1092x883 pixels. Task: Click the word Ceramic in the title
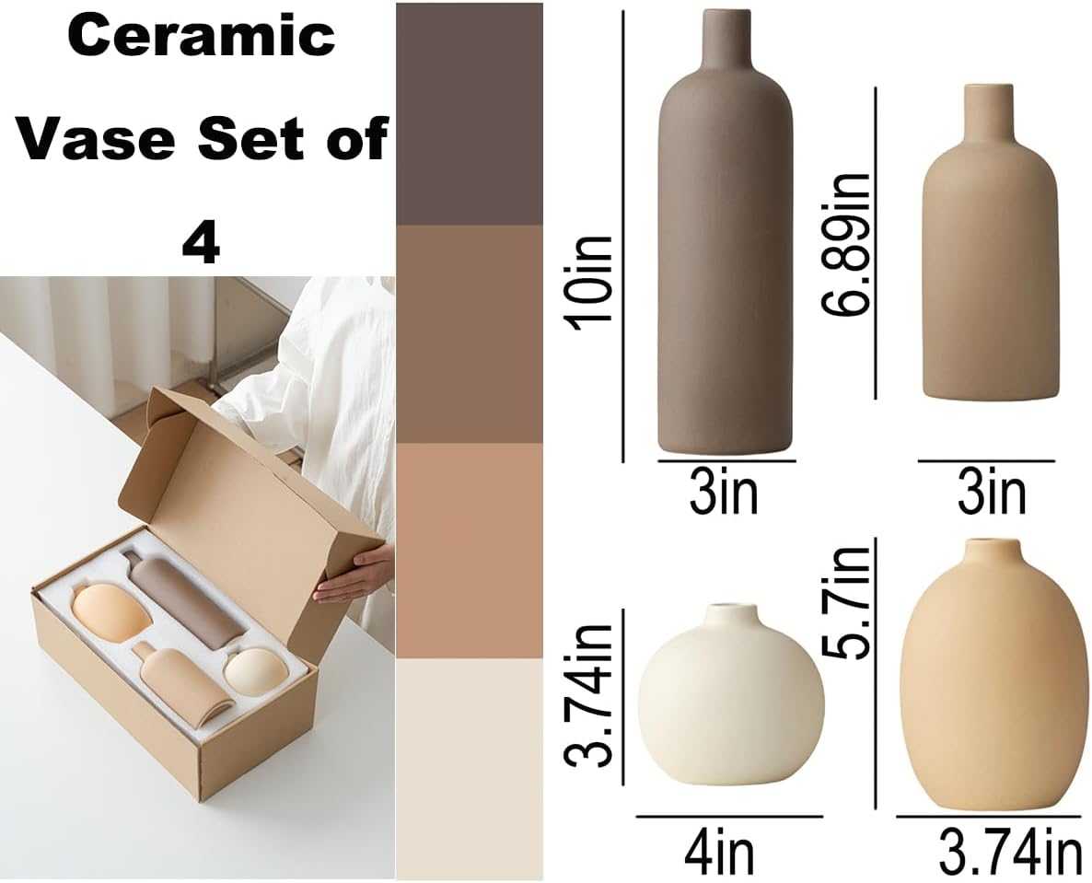point(201,36)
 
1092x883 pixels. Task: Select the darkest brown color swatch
point(470,114)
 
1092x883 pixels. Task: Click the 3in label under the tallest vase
point(724,493)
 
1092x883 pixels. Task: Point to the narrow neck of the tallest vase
point(726,41)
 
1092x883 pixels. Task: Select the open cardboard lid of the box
point(267,479)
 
